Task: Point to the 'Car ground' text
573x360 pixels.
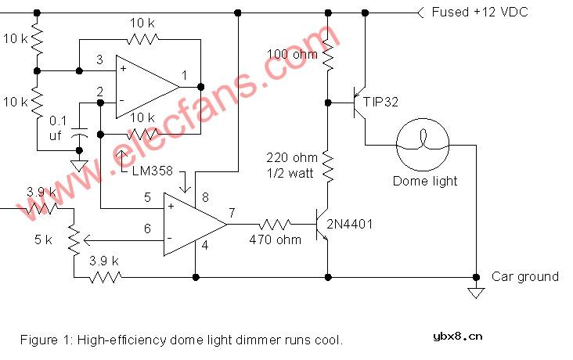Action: [524, 276]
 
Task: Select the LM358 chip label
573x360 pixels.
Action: [153, 171]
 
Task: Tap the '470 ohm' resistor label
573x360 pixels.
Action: [275, 240]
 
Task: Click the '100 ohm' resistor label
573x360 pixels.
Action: [292, 55]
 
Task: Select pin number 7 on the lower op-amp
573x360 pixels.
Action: [232, 211]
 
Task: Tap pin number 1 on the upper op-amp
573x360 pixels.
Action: [183, 75]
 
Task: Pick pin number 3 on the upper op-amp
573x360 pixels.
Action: [99, 59]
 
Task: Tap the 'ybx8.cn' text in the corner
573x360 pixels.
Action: [457, 337]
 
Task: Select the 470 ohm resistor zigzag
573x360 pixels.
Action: [276, 224]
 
